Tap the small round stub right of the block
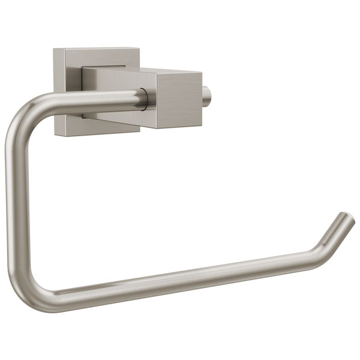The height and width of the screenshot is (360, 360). click(x=208, y=95)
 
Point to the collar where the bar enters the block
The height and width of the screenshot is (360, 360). click(x=145, y=98)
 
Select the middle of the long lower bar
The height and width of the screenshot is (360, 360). click(x=180, y=277)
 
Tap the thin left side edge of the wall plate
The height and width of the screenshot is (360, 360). click(x=55, y=90)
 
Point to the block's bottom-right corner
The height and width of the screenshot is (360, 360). click(x=201, y=127)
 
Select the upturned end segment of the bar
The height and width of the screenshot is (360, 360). click(x=333, y=231)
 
